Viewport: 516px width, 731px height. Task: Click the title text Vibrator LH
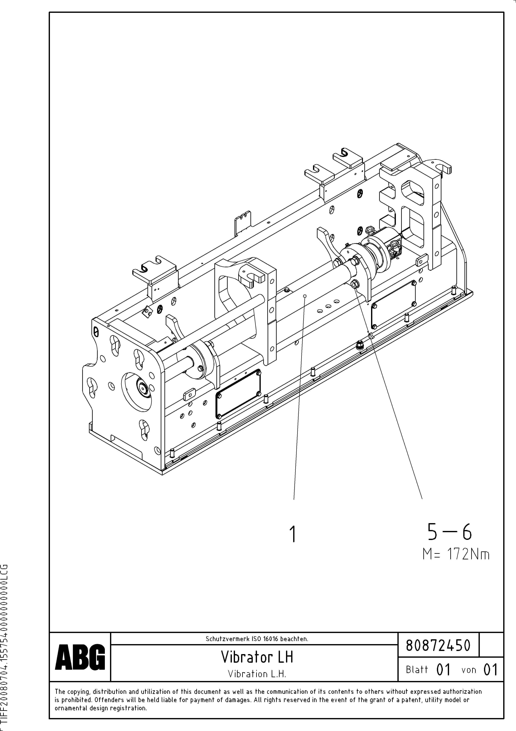(257, 657)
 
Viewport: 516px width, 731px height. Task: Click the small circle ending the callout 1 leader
(305, 296)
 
